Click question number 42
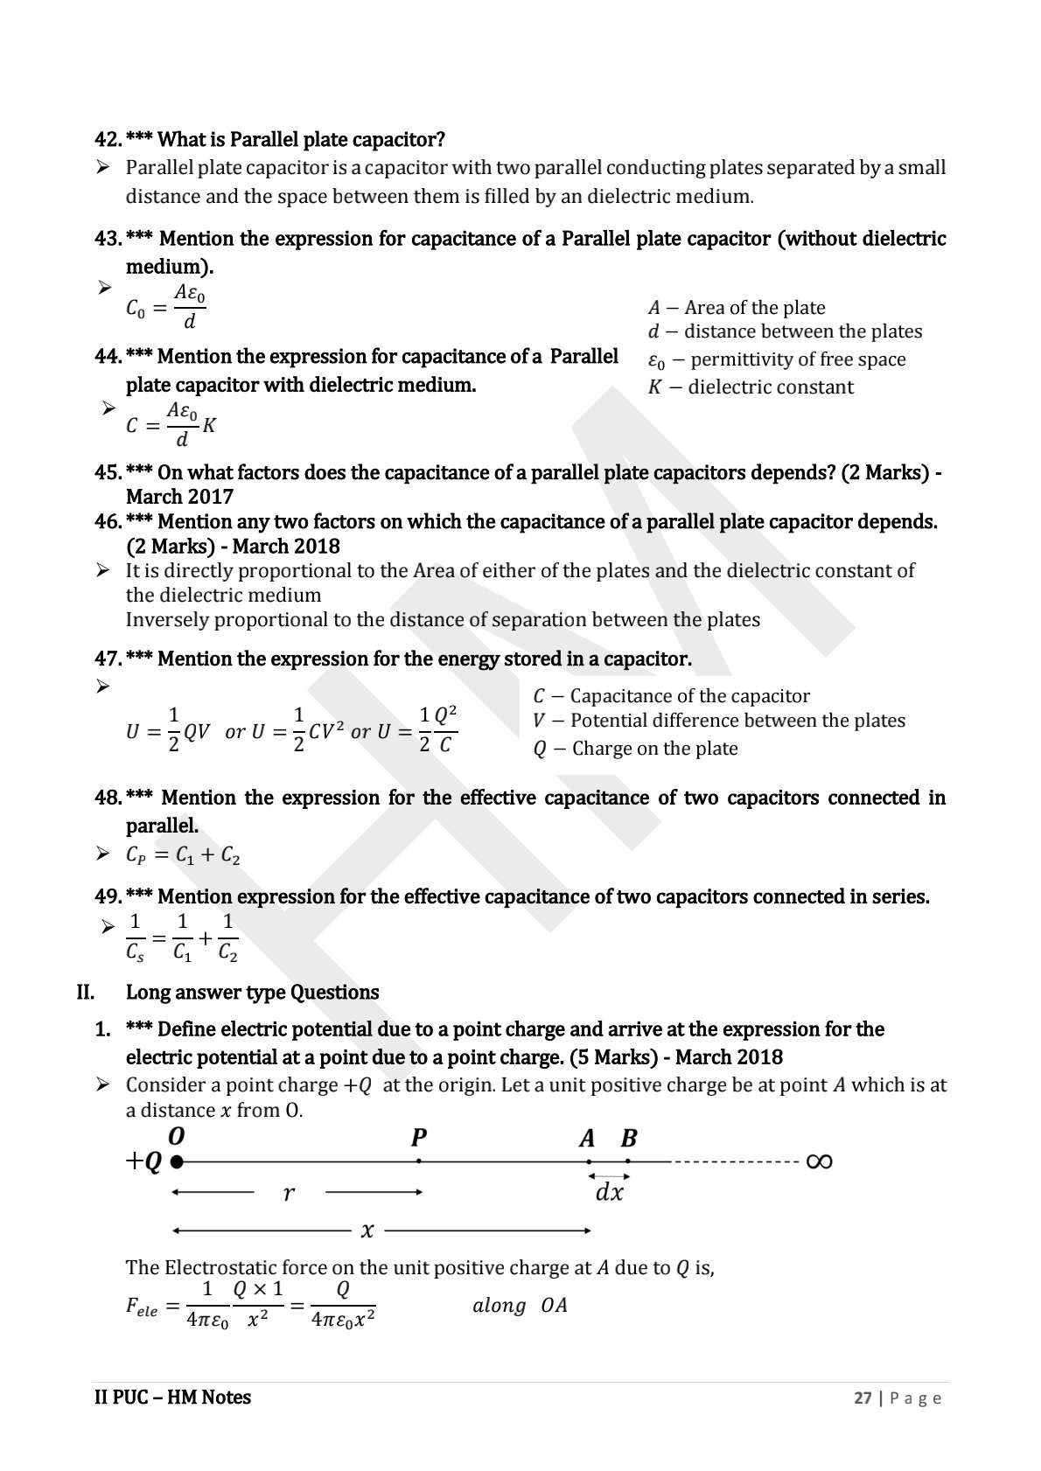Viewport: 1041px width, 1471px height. click(x=108, y=140)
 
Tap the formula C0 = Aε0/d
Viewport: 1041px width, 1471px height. click(x=166, y=307)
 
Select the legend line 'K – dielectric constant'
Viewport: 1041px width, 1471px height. click(x=750, y=387)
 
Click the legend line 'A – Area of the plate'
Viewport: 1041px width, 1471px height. click(x=736, y=308)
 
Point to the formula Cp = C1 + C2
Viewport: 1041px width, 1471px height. click(x=183, y=856)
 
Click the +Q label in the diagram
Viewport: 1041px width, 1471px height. click(x=144, y=1162)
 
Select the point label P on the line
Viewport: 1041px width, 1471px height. click(x=419, y=1139)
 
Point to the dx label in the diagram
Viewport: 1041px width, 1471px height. click(x=609, y=1193)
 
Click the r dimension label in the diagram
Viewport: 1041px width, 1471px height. click(x=289, y=1193)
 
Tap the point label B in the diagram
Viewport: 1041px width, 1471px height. click(x=629, y=1139)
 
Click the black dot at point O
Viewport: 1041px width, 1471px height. click(x=177, y=1162)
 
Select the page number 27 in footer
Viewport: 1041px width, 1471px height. click(x=863, y=1398)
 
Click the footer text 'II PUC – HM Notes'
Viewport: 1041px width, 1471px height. click(x=172, y=1398)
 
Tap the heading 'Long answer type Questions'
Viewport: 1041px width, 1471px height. click(x=252, y=993)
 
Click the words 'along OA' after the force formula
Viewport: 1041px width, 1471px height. click(x=520, y=1306)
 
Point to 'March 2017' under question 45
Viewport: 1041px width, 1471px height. click(x=179, y=497)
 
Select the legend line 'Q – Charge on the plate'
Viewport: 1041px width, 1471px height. click(x=635, y=749)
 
